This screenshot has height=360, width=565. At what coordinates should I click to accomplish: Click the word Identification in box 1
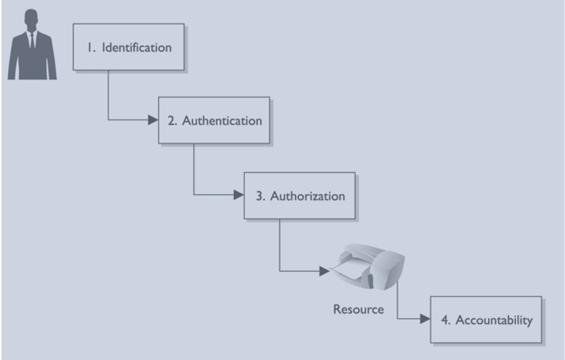coord(137,48)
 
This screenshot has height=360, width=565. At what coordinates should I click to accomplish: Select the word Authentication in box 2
coord(222,121)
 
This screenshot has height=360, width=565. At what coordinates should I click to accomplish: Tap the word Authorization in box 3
coord(307,196)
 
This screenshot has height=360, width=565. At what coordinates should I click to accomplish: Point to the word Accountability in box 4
coord(494,321)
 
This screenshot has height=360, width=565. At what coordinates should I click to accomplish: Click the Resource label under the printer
coord(358,309)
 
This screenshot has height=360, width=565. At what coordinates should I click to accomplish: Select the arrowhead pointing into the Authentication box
coord(153,120)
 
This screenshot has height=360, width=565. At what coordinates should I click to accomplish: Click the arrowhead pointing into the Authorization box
coord(239,195)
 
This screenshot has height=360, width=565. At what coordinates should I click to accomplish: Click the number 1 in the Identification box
coord(89,48)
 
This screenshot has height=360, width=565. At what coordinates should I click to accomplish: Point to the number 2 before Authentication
coord(172,121)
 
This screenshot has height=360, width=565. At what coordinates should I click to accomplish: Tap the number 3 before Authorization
coord(259,196)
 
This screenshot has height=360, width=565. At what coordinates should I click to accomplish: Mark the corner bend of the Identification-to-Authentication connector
coord(108,120)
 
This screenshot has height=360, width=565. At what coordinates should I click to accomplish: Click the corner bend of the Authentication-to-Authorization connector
coord(194,195)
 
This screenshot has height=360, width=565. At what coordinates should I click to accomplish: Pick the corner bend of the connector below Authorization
coord(279,271)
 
